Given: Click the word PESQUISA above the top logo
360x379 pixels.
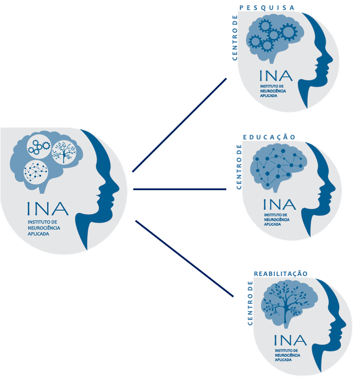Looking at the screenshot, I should click(267, 7).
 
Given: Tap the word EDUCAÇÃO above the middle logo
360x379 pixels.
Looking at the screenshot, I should click(270, 137).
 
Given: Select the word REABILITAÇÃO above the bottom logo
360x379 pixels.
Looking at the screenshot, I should click(280, 273).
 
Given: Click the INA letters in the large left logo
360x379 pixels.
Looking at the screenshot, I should click(47, 209).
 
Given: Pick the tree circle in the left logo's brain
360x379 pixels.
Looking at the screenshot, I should click(64, 152).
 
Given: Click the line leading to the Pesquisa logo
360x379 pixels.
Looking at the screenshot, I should click(179, 125).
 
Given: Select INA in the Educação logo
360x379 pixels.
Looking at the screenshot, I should click(280, 205).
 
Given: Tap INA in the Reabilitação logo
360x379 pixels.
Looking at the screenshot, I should click(290, 340).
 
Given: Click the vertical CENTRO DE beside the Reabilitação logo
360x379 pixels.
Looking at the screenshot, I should click(250, 303).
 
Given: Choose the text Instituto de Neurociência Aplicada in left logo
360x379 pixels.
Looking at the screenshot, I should click(41, 227).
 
